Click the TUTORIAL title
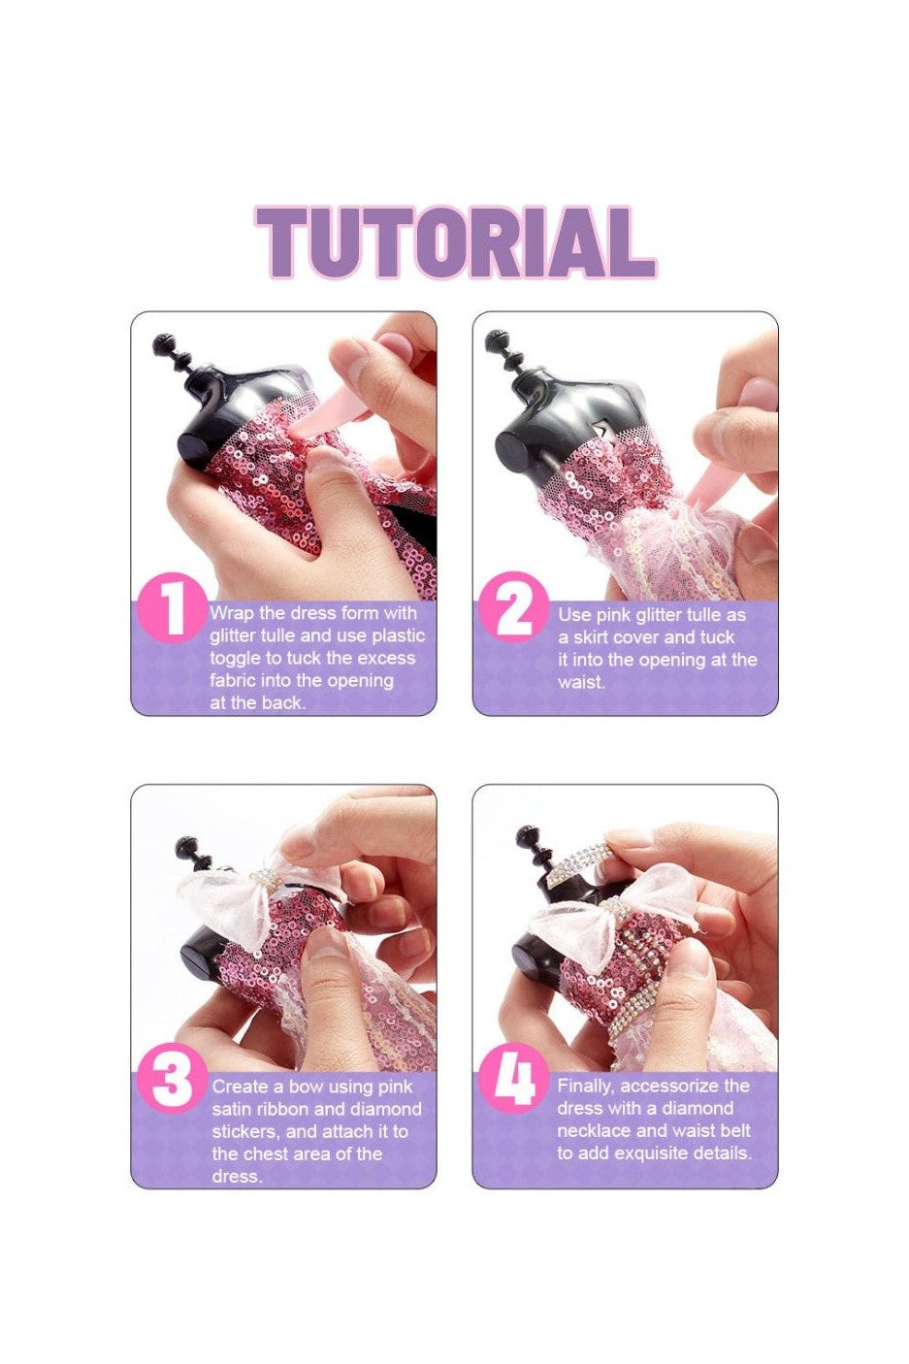click(x=455, y=243)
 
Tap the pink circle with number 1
click(x=173, y=607)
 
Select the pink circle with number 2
click(x=514, y=607)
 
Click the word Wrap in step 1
click(x=232, y=613)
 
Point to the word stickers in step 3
click(x=244, y=1132)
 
